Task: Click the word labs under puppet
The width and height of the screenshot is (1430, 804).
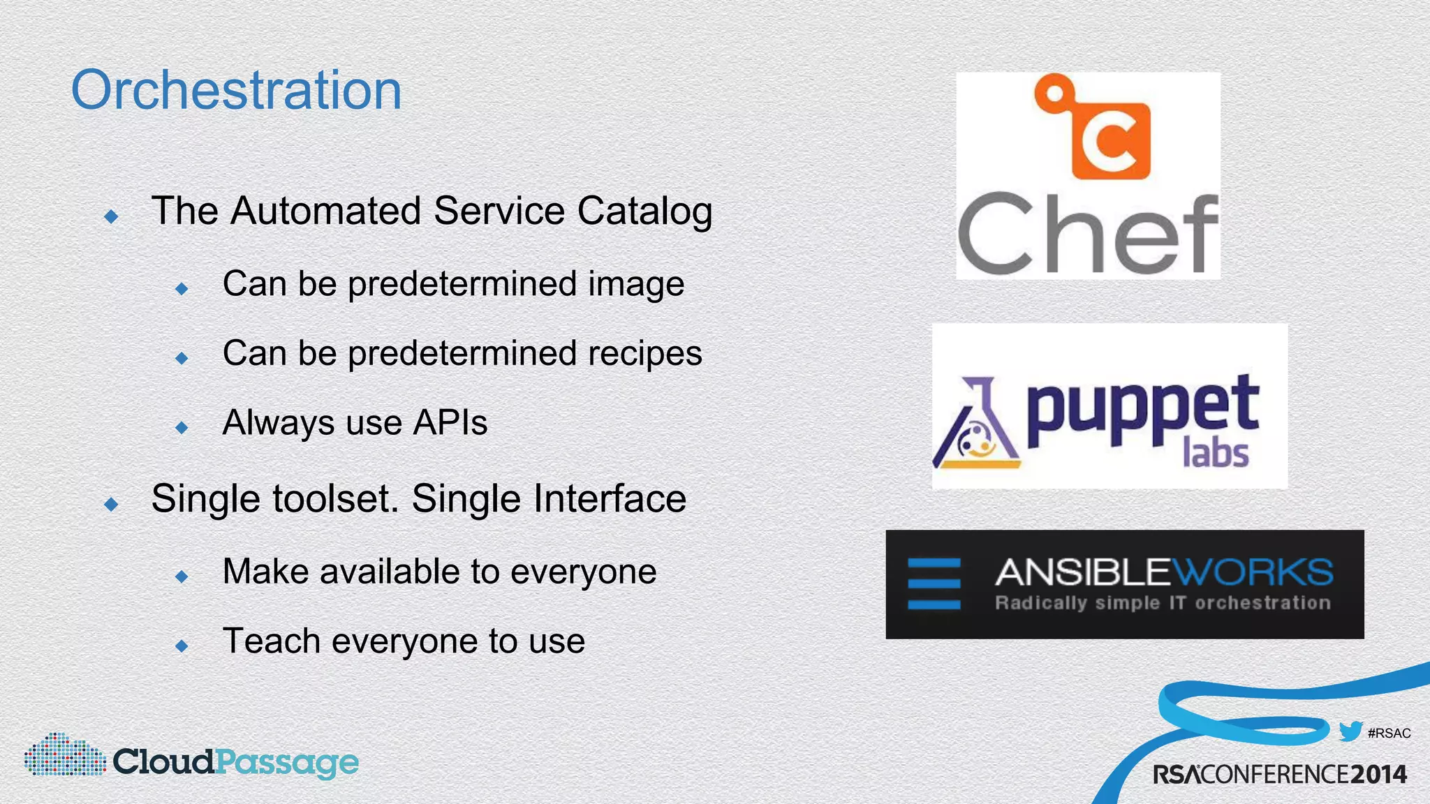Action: click(1215, 454)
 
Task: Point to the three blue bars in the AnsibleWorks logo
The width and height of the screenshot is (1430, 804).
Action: click(934, 584)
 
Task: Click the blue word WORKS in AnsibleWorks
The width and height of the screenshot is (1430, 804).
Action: click(1253, 572)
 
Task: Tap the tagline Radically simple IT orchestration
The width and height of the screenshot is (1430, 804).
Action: click(1163, 603)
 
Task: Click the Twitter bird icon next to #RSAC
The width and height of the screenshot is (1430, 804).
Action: click(1350, 731)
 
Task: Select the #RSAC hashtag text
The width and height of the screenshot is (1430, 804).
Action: click(1389, 733)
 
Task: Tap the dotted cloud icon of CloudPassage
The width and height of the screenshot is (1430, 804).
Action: click(64, 755)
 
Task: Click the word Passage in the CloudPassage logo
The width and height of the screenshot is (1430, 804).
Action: click(286, 762)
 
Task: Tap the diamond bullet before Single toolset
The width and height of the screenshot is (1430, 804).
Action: click(111, 504)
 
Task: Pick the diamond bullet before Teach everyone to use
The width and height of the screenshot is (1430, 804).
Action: click(182, 646)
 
